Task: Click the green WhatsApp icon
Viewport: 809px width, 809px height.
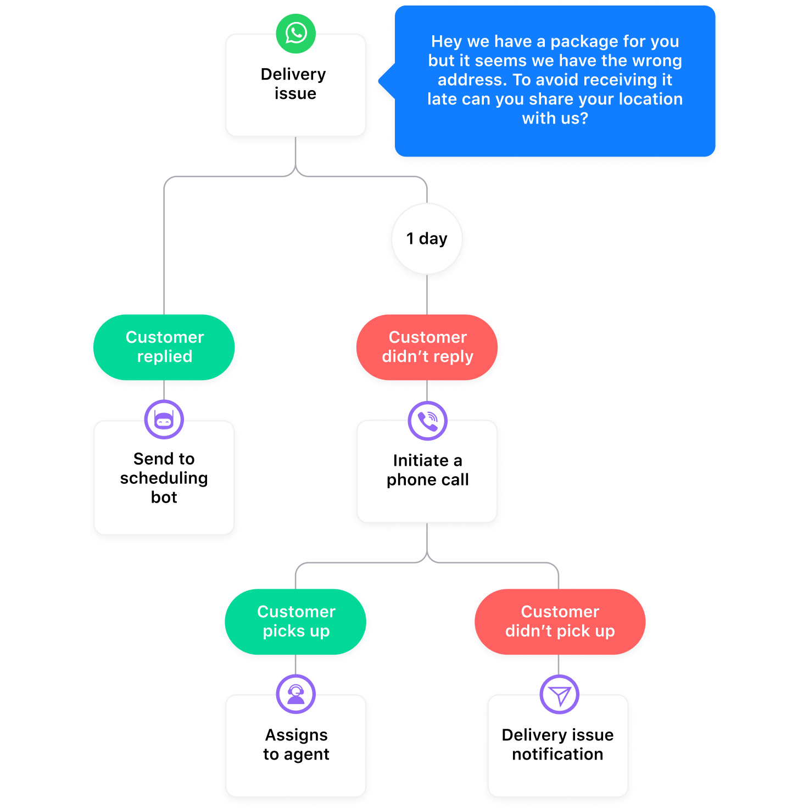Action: [295, 34]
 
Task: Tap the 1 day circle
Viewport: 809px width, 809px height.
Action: [427, 239]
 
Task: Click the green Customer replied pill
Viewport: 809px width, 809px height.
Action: [164, 347]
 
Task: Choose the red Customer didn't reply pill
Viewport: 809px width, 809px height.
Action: [427, 347]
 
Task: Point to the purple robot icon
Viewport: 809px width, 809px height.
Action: [164, 420]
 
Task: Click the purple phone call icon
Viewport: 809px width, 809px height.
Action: [427, 421]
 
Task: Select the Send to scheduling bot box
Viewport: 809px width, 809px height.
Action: [164, 483]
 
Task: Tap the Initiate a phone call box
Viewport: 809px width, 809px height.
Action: [427, 478]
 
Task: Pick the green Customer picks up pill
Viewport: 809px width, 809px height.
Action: [295, 622]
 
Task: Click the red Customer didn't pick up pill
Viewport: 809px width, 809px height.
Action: [559, 622]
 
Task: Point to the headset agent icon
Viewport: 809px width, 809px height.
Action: [295, 694]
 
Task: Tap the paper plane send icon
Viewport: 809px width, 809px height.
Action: [559, 695]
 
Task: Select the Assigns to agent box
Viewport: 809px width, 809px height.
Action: [295, 752]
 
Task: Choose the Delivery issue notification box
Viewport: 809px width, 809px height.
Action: [557, 752]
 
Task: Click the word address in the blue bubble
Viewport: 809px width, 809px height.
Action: [472, 80]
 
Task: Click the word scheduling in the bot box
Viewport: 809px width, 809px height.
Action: [164, 478]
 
